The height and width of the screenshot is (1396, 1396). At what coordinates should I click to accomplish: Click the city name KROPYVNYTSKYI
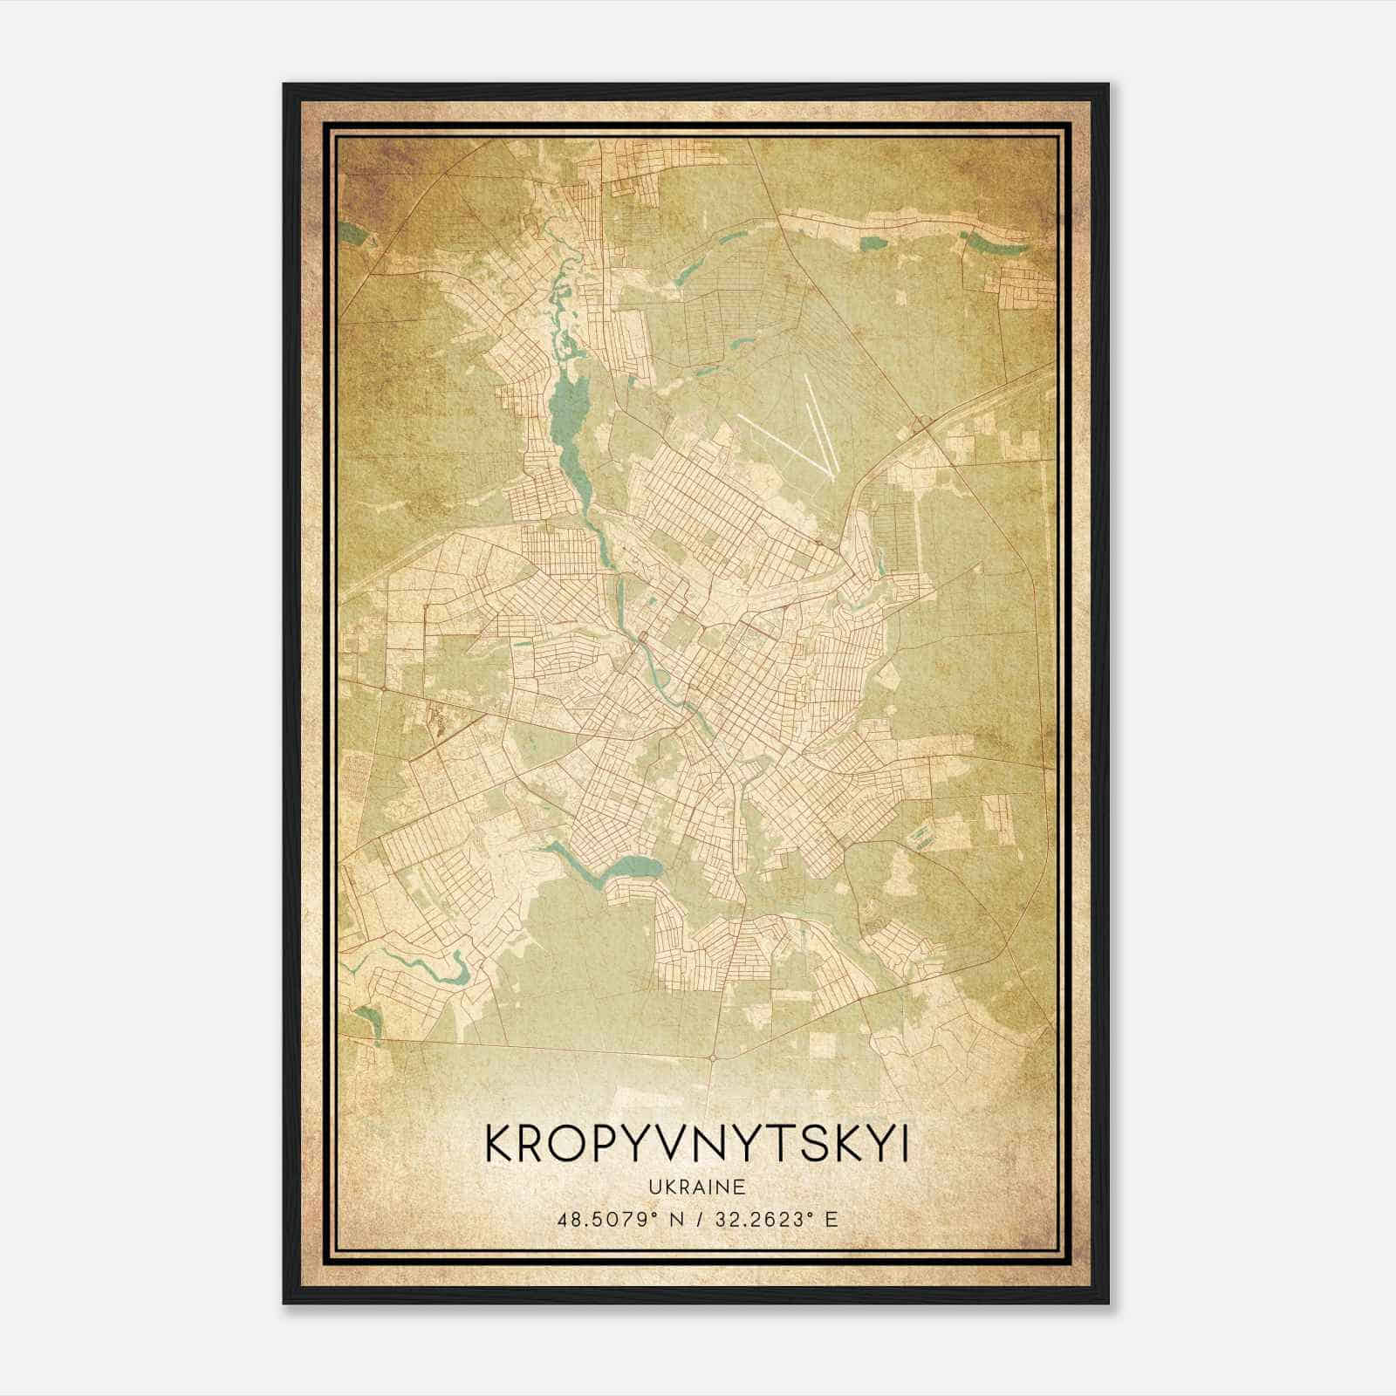[x=695, y=1146]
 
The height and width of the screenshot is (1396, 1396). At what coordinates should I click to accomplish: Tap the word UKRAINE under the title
[x=696, y=1187]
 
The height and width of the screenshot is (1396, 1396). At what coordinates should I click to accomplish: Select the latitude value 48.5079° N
[x=617, y=1219]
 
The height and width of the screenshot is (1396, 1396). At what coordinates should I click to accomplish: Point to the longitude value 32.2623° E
[x=776, y=1219]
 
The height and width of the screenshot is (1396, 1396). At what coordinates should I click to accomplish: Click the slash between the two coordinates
[x=697, y=1219]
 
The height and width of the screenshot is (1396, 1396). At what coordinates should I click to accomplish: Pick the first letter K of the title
[x=499, y=1146]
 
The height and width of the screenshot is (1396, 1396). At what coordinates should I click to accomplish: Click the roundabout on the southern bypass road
[x=713, y=1057]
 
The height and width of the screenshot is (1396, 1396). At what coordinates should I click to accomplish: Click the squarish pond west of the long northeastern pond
[x=871, y=243]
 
